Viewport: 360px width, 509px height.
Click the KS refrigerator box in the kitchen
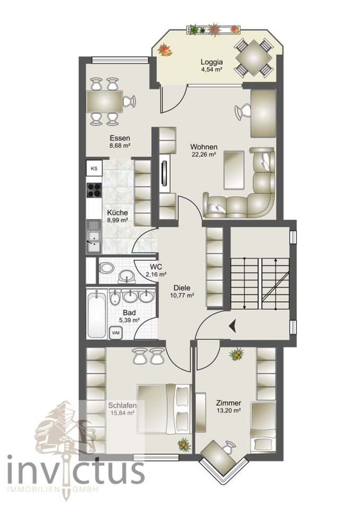[94, 169]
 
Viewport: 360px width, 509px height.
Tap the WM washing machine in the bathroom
[115, 332]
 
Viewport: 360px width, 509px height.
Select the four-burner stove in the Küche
[94, 190]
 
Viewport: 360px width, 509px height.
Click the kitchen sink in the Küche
[94, 237]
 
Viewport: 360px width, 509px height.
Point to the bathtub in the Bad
[96, 314]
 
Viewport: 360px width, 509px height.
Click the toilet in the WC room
[106, 268]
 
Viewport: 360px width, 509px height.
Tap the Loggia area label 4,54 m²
[212, 68]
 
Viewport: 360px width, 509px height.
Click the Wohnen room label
[204, 147]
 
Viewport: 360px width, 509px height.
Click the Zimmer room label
[229, 402]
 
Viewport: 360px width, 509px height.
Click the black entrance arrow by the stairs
[232, 326]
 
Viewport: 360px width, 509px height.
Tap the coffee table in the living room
[234, 170]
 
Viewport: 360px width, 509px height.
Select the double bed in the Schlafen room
[163, 408]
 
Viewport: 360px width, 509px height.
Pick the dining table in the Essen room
[104, 101]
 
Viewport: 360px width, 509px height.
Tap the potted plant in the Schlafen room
[184, 444]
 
